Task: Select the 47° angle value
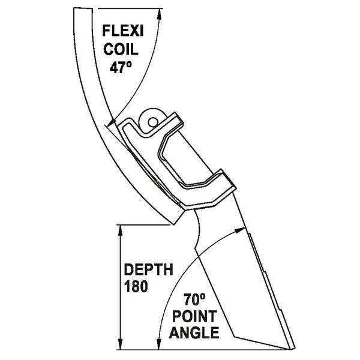tap(122, 67)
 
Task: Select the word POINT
tap(193, 315)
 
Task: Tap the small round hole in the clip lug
tap(154, 122)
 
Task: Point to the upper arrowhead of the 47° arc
tap(160, 13)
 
